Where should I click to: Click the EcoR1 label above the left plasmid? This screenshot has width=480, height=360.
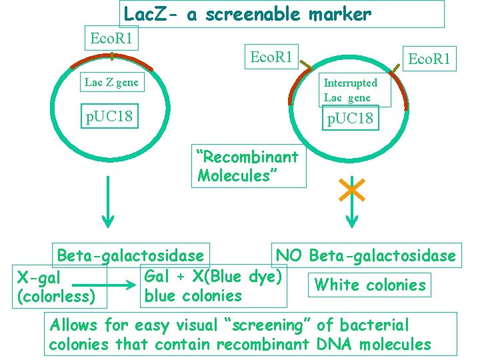pyautogui.click(x=111, y=39)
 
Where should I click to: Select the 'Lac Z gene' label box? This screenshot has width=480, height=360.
pyautogui.click(x=111, y=83)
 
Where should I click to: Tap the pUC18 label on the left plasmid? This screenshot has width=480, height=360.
pyautogui.click(x=109, y=117)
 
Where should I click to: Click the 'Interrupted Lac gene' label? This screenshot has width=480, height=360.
pyautogui.click(x=351, y=90)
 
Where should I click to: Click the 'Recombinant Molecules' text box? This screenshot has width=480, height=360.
pyautogui.click(x=248, y=166)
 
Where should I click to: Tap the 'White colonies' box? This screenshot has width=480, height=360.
pyautogui.click(x=369, y=285)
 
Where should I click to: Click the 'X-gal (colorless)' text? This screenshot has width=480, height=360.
pyautogui.click(x=57, y=286)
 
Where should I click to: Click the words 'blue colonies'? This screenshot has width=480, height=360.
pyautogui.click(x=193, y=295)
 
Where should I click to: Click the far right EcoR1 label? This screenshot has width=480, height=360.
pyautogui.click(x=429, y=59)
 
